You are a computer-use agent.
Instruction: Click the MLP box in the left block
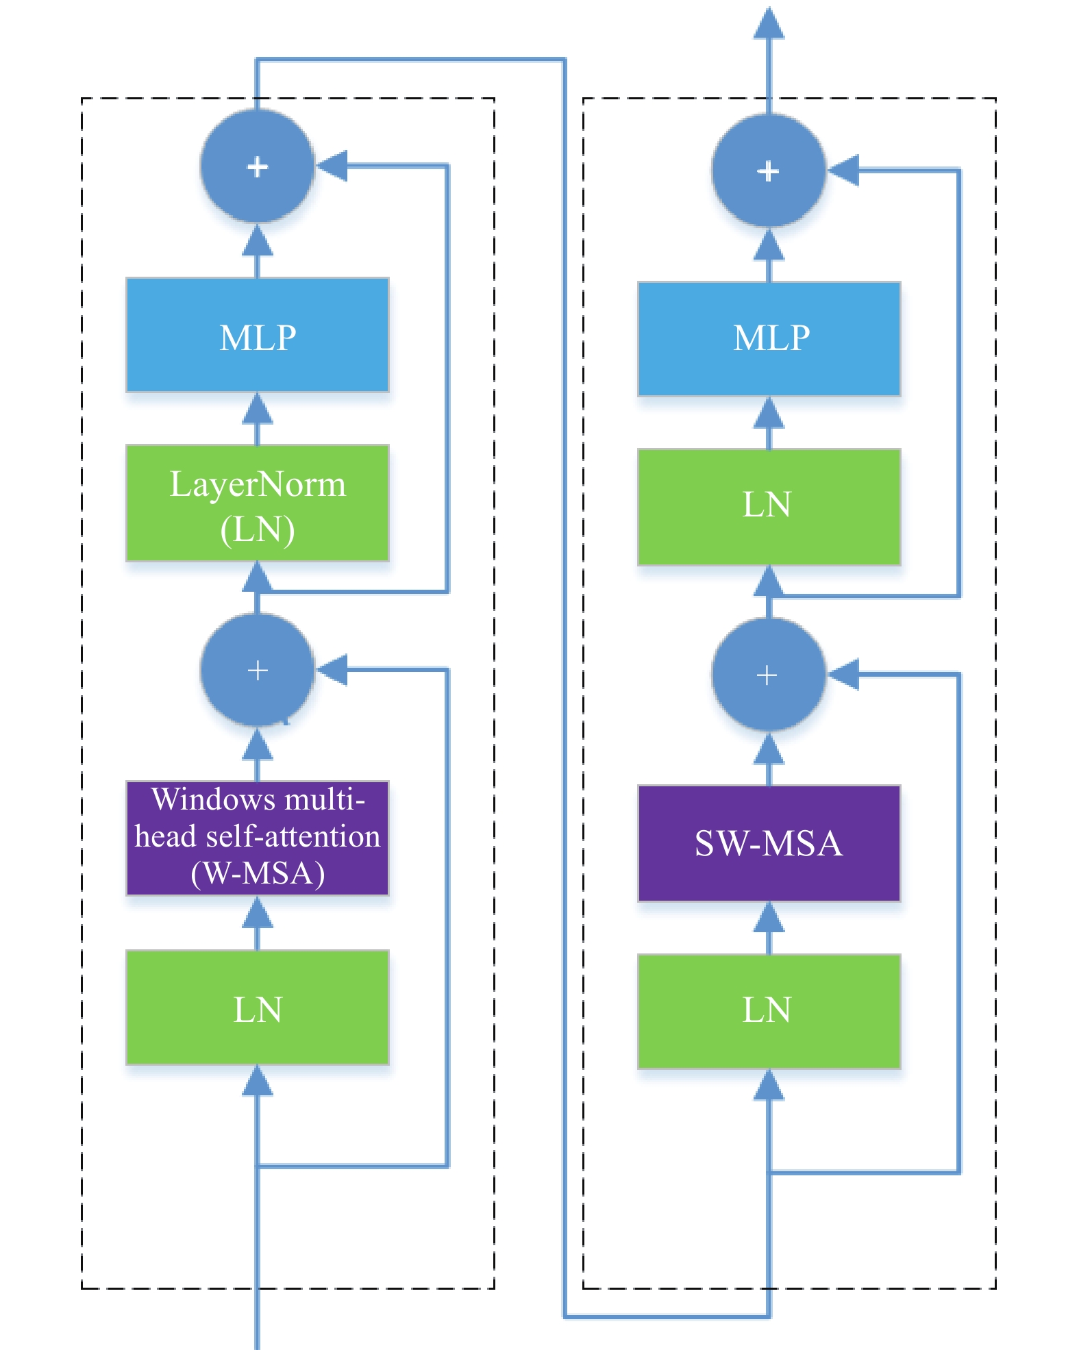258,335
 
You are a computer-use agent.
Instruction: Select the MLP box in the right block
769,339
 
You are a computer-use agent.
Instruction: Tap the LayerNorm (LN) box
258,503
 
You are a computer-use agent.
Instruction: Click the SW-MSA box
769,843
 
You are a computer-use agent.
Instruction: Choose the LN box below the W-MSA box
258,1008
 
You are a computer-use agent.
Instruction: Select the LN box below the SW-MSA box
769,1012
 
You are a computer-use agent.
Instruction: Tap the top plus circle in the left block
258,166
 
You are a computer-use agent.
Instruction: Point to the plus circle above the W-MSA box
258,670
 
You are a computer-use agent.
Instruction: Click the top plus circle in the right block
769,170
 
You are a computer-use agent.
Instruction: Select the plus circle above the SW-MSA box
769,675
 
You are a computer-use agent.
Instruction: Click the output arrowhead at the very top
769,22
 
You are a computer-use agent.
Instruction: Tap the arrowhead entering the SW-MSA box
769,917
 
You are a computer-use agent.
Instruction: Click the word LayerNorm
258,484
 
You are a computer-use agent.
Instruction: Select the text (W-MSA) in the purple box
258,873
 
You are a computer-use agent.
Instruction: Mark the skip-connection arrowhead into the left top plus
332,166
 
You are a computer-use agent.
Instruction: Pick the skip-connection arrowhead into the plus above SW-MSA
843,675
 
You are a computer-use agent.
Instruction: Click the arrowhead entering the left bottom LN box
258,1081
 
